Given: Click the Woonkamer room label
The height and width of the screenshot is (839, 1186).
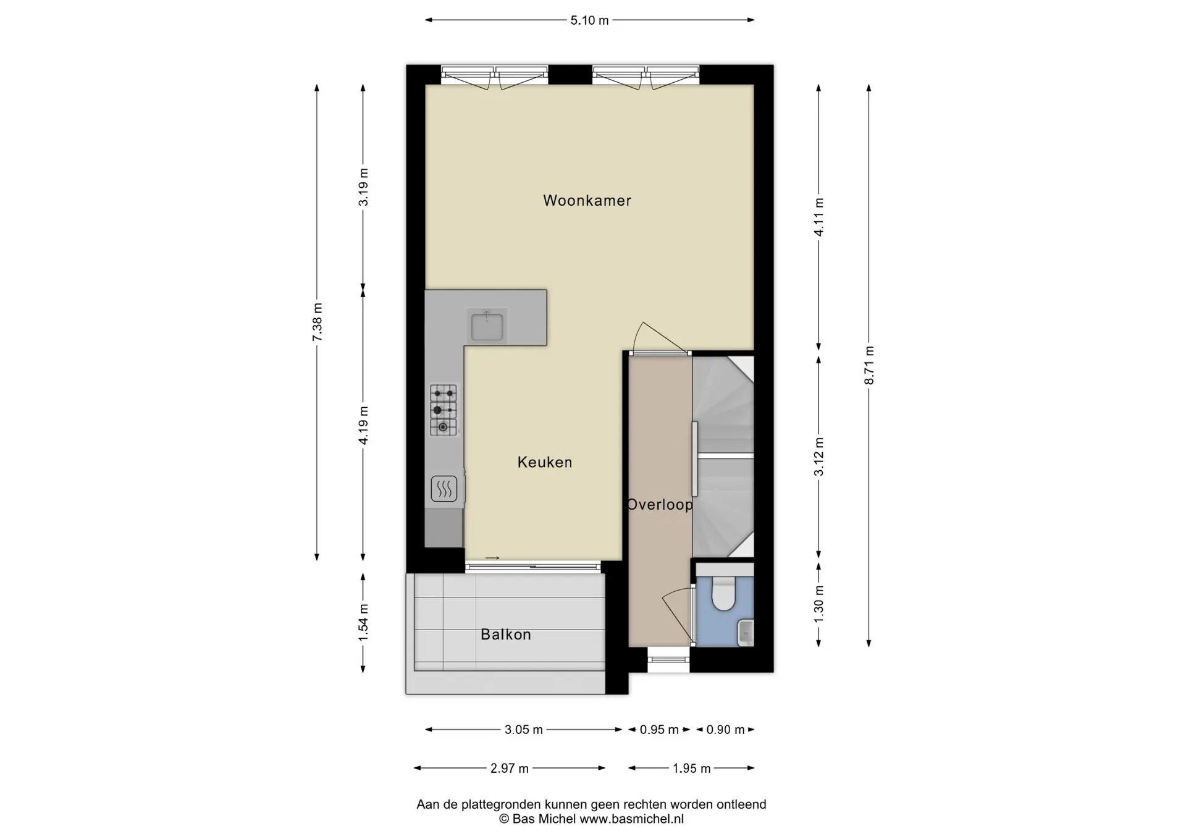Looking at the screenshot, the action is [x=587, y=200].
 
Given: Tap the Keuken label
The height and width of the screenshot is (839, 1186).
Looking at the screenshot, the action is [x=545, y=462].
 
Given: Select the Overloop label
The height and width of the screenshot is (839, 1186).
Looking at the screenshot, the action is [x=660, y=505].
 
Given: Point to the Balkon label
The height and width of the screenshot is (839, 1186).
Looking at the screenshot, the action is [x=506, y=635].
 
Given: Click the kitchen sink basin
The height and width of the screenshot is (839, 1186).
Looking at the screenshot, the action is [x=487, y=327].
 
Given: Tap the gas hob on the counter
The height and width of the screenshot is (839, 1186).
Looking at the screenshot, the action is [x=444, y=410].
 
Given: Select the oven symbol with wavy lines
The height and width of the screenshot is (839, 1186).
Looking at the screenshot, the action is [x=444, y=489].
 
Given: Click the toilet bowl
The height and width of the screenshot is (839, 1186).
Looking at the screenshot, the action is [x=723, y=593].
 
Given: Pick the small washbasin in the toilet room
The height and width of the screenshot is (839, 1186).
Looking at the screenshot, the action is [x=746, y=632].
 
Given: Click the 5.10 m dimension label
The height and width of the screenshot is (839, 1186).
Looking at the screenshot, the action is [x=589, y=20].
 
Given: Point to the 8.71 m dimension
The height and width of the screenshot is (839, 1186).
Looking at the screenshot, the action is [x=869, y=365].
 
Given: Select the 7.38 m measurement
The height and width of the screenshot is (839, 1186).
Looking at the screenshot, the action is [x=317, y=322].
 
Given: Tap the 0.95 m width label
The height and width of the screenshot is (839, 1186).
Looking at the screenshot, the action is [x=659, y=730].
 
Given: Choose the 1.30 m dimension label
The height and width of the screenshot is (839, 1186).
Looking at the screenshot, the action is [x=819, y=603].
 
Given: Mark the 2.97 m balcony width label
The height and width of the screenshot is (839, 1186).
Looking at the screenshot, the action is [x=510, y=769].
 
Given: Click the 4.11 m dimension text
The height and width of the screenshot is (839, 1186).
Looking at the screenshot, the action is [x=819, y=217].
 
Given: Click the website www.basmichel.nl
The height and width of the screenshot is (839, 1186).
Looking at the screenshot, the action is [x=631, y=819].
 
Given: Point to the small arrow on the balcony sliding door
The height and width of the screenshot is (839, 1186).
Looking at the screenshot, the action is [x=492, y=559].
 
